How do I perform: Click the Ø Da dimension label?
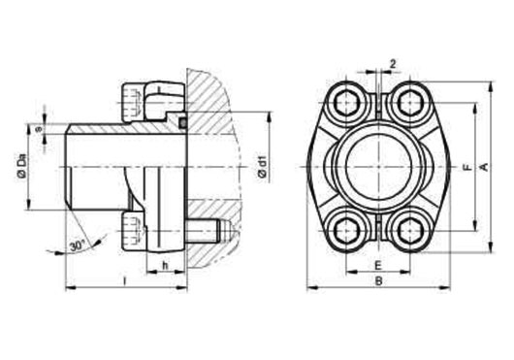tap(21, 166)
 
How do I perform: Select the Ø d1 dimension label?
tap(263, 167)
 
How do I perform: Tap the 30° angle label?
tap(78, 245)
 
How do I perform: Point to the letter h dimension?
tap(165, 265)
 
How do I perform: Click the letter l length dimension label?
tap(124, 280)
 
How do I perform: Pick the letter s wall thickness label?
tap(39, 129)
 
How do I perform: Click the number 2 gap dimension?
tap(393, 64)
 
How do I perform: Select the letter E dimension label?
tap(378, 265)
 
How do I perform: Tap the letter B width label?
tap(378, 281)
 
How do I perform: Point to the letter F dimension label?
tap(468, 167)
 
